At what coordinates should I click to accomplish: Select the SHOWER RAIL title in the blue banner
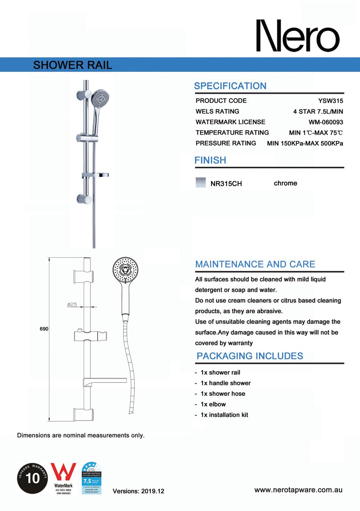click(73, 65)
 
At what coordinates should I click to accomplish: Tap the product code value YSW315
click(330, 101)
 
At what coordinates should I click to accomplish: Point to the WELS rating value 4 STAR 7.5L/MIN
click(318, 111)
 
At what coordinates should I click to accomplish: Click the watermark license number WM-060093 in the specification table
click(325, 122)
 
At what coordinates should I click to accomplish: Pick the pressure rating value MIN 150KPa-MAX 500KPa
click(305, 143)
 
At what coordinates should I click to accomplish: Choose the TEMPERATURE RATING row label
click(232, 133)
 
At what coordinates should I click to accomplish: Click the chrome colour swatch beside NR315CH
click(201, 182)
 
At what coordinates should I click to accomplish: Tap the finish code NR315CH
click(226, 184)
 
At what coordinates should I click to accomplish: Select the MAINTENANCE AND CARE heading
click(255, 264)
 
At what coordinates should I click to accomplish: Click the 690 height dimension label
click(44, 329)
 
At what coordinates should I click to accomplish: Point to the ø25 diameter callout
click(72, 304)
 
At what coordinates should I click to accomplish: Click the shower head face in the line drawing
click(124, 270)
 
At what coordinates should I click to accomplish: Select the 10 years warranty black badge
click(32, 478)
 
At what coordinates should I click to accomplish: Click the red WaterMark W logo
click(63, 472)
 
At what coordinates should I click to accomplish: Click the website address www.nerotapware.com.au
click(298, 490)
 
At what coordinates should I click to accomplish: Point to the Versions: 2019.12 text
click(138, 491)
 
